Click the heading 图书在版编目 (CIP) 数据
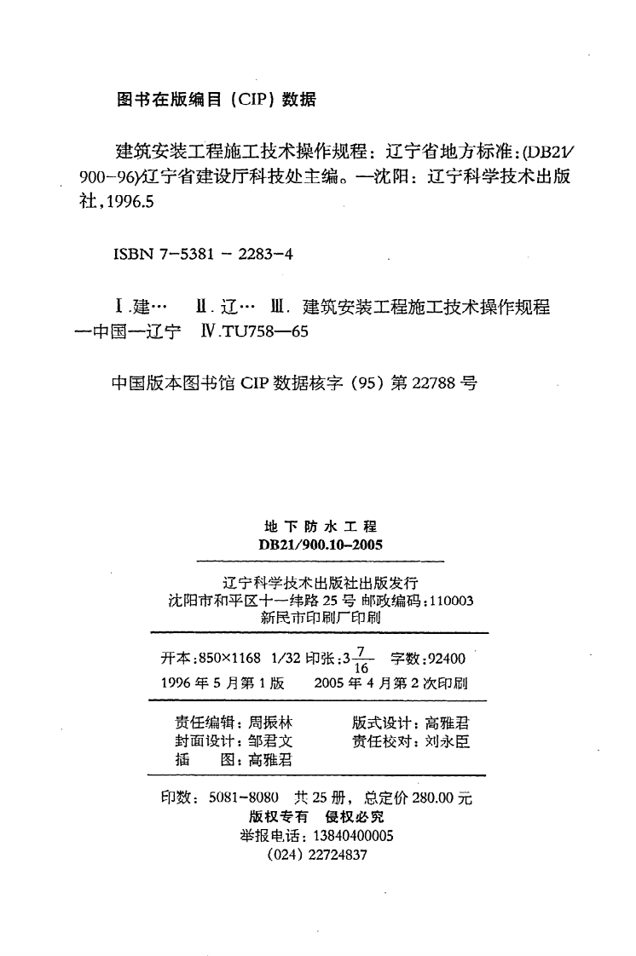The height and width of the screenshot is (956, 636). click(x=215, y=100)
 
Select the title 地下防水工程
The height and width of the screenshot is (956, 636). click(x=315, y=529)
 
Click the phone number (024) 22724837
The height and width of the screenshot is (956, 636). click(x=317, y=855)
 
